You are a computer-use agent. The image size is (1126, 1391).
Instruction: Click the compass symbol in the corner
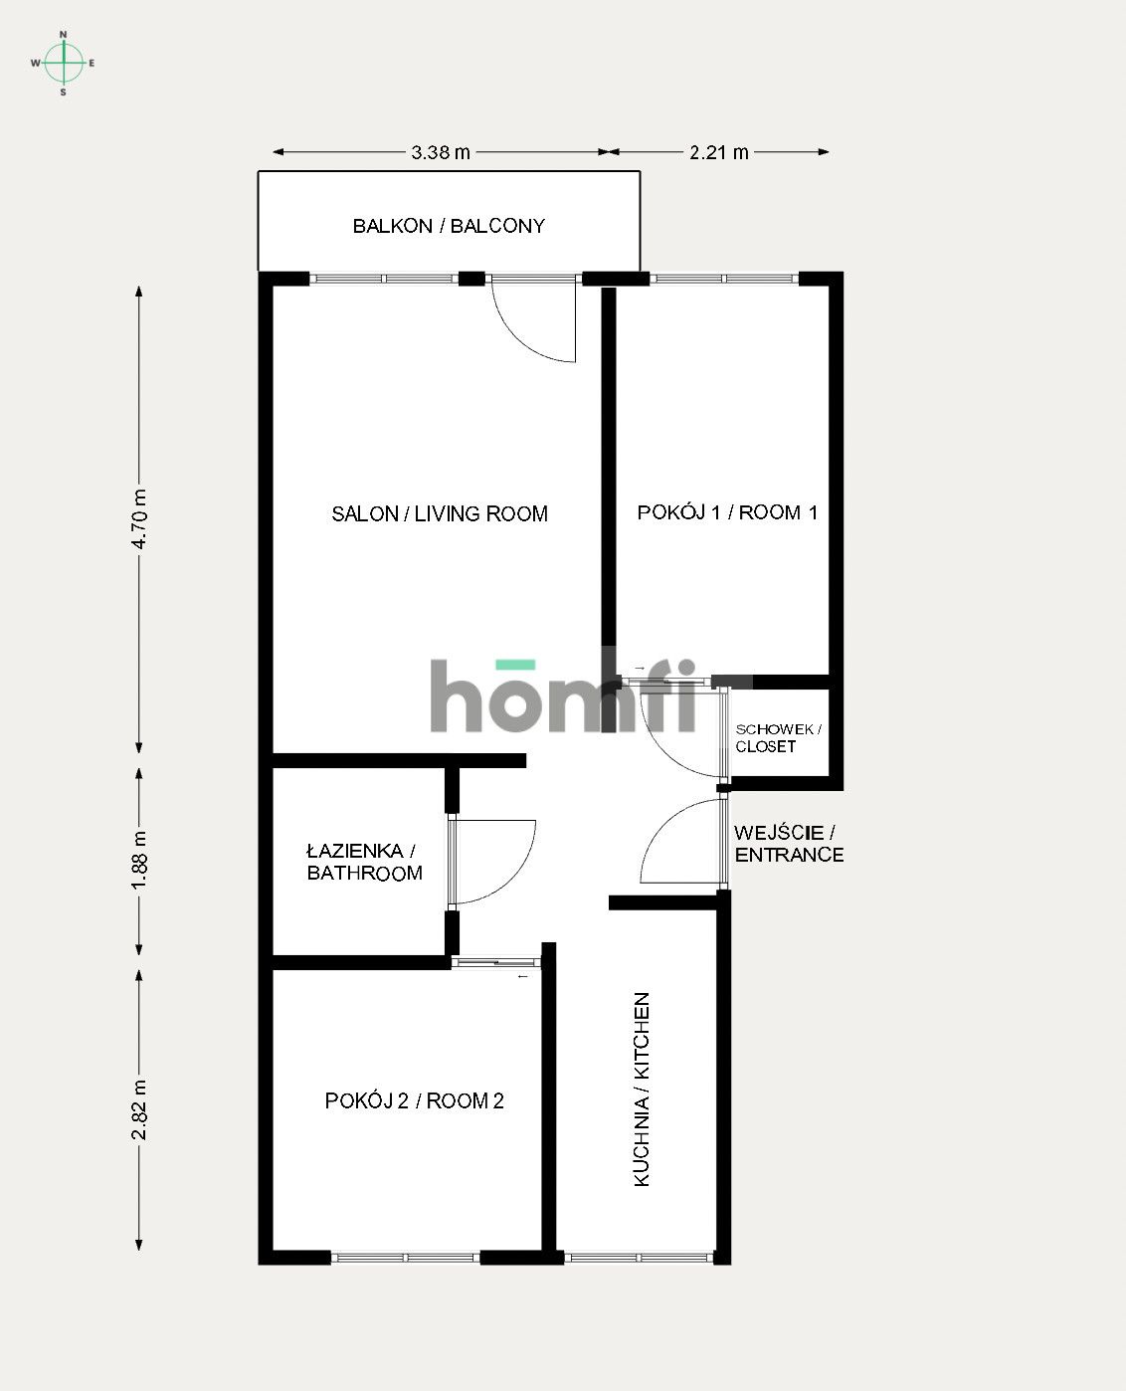coord(64,63)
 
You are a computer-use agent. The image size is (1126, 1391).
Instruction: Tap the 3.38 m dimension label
coord(441,152)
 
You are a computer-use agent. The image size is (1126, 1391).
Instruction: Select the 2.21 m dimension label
coord(719,152)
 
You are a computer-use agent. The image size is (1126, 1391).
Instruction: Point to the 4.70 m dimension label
coord(140,518)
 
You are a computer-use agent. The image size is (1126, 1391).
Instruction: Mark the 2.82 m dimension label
coord(140,1109)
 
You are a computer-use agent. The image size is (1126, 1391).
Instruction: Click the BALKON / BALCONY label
coord(449,226)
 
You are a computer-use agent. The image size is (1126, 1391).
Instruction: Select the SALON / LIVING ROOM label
coord(440,513)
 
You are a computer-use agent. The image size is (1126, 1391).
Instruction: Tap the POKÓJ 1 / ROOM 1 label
coord(727,512)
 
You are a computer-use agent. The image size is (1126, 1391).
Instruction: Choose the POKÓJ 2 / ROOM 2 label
coord(414,1100)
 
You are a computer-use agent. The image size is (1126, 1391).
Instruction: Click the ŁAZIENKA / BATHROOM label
coord(364,862)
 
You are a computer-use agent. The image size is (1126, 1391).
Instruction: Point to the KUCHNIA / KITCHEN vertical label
coord(642,1089)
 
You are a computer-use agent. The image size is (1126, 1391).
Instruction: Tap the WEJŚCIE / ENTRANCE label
coord(789,844)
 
